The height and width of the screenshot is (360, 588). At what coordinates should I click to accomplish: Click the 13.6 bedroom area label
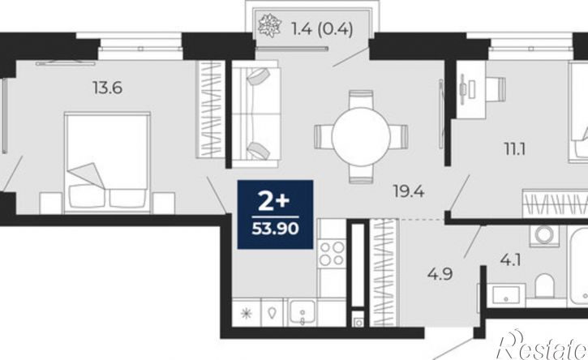(108, 88)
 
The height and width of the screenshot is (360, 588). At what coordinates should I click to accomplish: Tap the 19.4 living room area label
(409, 191)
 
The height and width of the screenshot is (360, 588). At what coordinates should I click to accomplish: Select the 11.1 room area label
(514, 149)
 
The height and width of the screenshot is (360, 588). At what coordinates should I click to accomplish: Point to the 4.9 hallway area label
(440, 274)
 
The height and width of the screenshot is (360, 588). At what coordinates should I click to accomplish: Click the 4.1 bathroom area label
(510, 259)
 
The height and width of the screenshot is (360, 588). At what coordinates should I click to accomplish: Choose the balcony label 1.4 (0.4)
(322, 29)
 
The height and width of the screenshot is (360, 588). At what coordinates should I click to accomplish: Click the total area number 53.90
(275, 229)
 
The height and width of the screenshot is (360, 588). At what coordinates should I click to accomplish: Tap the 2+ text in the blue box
(274, 202)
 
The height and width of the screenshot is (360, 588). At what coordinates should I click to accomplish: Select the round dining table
(361, 136)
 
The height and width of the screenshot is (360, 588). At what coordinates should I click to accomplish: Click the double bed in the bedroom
(107, 163)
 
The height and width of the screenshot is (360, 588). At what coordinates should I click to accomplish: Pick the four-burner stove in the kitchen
(332, 254)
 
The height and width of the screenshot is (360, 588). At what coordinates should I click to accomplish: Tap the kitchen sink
(302, 311)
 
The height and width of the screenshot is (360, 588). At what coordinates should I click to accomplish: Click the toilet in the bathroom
(544, 285)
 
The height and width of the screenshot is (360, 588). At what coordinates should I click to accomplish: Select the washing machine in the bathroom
(544, 235)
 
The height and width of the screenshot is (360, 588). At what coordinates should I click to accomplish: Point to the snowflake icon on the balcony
(269, 25)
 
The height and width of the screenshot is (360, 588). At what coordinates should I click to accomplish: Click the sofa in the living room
(256, 114)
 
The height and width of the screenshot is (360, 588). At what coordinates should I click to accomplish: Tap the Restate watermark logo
(542, 345)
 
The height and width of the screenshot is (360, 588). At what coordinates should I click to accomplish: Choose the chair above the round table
(361, 100)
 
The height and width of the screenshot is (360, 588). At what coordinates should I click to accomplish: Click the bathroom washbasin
(506, 295)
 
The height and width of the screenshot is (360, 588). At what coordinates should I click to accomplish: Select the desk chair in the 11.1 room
(496, 89)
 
